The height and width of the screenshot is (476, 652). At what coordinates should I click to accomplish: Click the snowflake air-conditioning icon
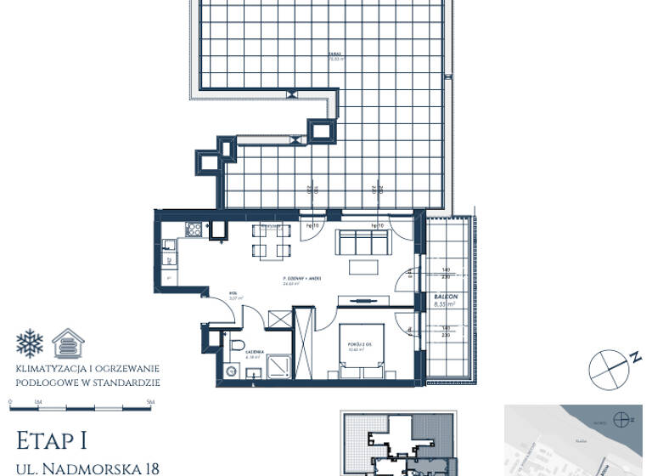[30, 343]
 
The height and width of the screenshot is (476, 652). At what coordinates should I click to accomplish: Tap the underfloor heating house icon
[68, 343]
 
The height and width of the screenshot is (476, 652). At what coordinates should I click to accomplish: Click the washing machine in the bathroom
[228, 371]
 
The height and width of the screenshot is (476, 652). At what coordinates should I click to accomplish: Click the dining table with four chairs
[272, 241]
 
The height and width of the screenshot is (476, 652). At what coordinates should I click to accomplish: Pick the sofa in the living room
[365, 241]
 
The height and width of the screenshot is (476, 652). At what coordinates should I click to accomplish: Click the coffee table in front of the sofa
[365, 267]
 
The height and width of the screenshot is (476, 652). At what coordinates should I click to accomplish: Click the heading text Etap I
[51, 440]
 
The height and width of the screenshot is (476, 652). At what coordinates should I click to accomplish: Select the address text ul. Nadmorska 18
[87, 467]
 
